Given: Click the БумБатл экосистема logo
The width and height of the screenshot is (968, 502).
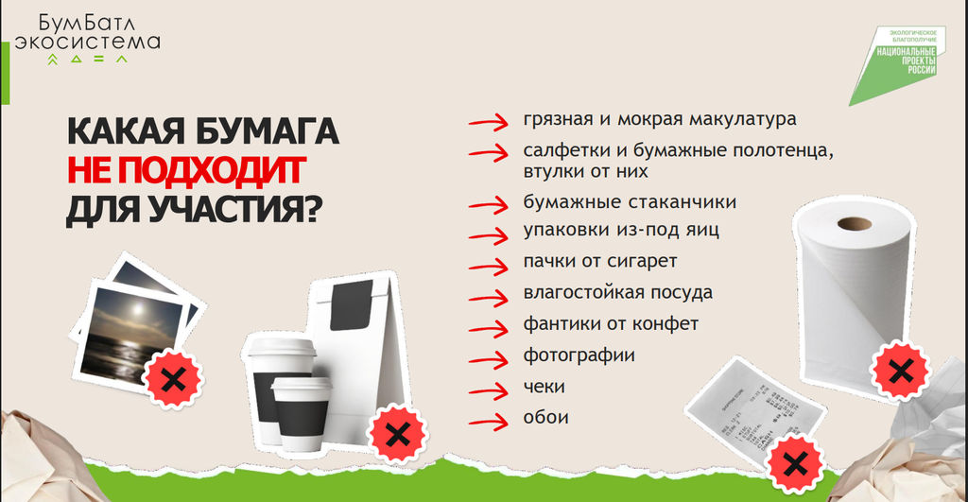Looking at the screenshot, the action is point(87,39).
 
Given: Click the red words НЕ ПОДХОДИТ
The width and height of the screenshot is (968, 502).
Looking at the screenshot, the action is point(186,170).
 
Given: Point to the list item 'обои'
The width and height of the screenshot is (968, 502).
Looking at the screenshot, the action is point(545,418).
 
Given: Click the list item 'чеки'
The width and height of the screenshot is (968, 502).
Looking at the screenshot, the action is point(544,387).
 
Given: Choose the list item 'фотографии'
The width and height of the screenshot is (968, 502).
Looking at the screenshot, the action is point(579,355).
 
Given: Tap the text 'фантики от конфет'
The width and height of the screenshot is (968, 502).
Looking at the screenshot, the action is point(611,324).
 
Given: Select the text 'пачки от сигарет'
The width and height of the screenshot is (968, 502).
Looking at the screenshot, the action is point(600,261).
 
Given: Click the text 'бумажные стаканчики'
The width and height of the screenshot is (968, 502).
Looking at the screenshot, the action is point(630,202).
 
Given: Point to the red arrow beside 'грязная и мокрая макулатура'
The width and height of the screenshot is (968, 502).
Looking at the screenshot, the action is point(489,122).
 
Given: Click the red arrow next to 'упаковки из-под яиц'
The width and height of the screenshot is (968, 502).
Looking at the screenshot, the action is point(489,235).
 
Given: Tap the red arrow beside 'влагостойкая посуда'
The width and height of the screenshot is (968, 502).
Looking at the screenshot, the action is point(489,298).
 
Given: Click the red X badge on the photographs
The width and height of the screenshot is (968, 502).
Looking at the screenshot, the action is point(174,378).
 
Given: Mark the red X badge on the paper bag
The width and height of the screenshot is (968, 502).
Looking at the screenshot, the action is point(397,435).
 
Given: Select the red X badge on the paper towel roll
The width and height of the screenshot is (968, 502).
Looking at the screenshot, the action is point(900,372).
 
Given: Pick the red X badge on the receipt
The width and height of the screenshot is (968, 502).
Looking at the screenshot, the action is point(795,463).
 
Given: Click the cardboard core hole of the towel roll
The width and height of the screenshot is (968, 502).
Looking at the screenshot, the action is point(855,223).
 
